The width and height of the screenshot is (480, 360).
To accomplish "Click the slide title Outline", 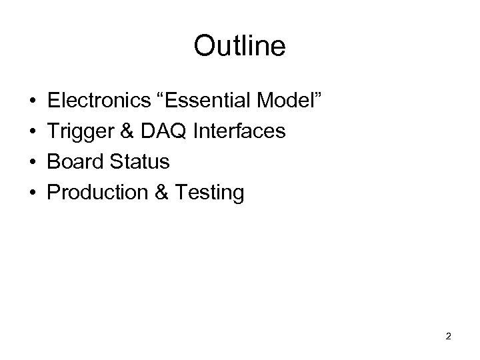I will coord(239,46).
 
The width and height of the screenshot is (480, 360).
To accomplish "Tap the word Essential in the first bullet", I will coord(212,101).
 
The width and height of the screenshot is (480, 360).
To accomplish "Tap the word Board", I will coord(72,162).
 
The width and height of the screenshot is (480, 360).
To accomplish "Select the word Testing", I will coord(207,193).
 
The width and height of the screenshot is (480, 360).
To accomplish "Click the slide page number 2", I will coord(448,337).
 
